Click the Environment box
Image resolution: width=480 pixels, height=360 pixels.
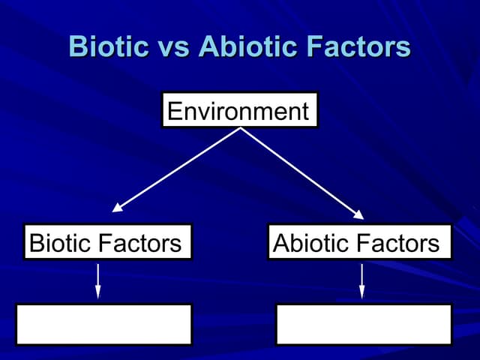tap(239, 110)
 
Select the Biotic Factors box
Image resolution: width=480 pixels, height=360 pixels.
tap(107, 242)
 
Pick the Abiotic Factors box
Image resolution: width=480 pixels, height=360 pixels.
tap(360, 242)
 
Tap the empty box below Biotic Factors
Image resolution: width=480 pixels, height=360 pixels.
tap(103, 324)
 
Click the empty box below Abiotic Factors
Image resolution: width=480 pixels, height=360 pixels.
tap(364, 324)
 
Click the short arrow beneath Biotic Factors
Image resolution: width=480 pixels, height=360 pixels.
tap(97, 280)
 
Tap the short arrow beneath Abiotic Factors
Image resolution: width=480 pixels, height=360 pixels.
tap(361, 280)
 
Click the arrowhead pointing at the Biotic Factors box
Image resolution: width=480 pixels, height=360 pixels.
tap(118, 208)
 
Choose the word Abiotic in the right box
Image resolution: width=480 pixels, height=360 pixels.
tap(310, 243)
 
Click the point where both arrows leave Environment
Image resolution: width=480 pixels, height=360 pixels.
tap(240, 128)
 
